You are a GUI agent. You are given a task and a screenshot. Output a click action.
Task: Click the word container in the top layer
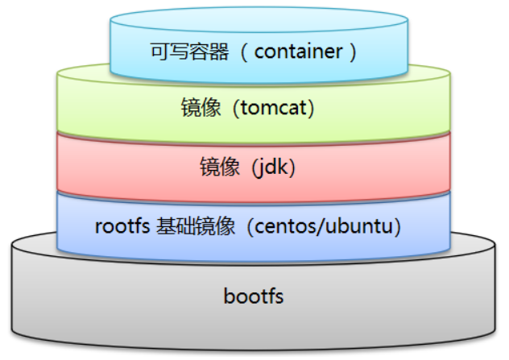tap(297, 52)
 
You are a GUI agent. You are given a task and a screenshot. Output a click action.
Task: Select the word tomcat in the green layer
tap(273, 107)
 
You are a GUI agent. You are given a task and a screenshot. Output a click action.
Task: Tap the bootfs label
tap(254, 296)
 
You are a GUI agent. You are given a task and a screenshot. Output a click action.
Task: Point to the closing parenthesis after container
tap(351, 52)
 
